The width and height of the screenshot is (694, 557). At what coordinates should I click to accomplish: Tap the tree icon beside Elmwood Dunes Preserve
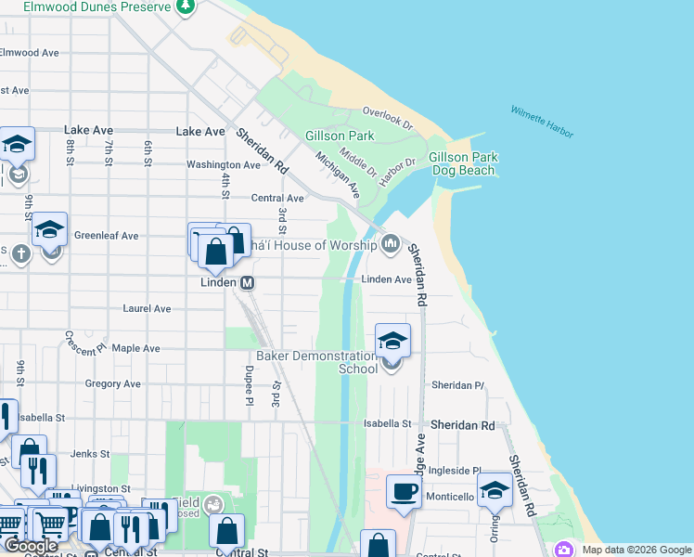coord(186,6)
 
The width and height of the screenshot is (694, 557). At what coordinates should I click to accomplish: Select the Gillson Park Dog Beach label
coord(463,164)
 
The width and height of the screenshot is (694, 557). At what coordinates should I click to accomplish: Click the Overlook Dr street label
coord(388,116)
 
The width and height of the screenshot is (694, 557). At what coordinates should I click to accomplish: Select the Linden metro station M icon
coord(248,282)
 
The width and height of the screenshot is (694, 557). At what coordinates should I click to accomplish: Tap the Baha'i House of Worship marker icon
coord(391,245)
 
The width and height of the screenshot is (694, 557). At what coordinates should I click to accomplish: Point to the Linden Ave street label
coord(386,279)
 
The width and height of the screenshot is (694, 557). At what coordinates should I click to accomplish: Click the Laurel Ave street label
coord(148,308)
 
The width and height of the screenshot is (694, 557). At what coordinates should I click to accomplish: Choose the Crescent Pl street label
coord(86,344)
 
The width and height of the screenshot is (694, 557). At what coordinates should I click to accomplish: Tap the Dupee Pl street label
coord(249,385)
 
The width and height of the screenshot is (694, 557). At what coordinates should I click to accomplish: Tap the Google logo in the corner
coord(32,546)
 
